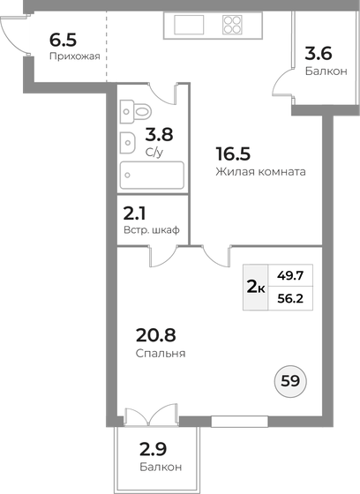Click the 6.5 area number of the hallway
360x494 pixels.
click(x=64, y=40)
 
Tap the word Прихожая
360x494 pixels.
click(x=72, y=56)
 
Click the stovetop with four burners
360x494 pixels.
click(x=232, y=25)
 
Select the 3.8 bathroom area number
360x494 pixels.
click(x=159, y=135)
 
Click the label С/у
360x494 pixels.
click(x=154, y=152)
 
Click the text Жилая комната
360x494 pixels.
click(x=260, y=172)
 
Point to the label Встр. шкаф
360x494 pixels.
click(x=152, y=229)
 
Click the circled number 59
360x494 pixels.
click(x=289, y=382)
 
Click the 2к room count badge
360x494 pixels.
click(x=255, y=287)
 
